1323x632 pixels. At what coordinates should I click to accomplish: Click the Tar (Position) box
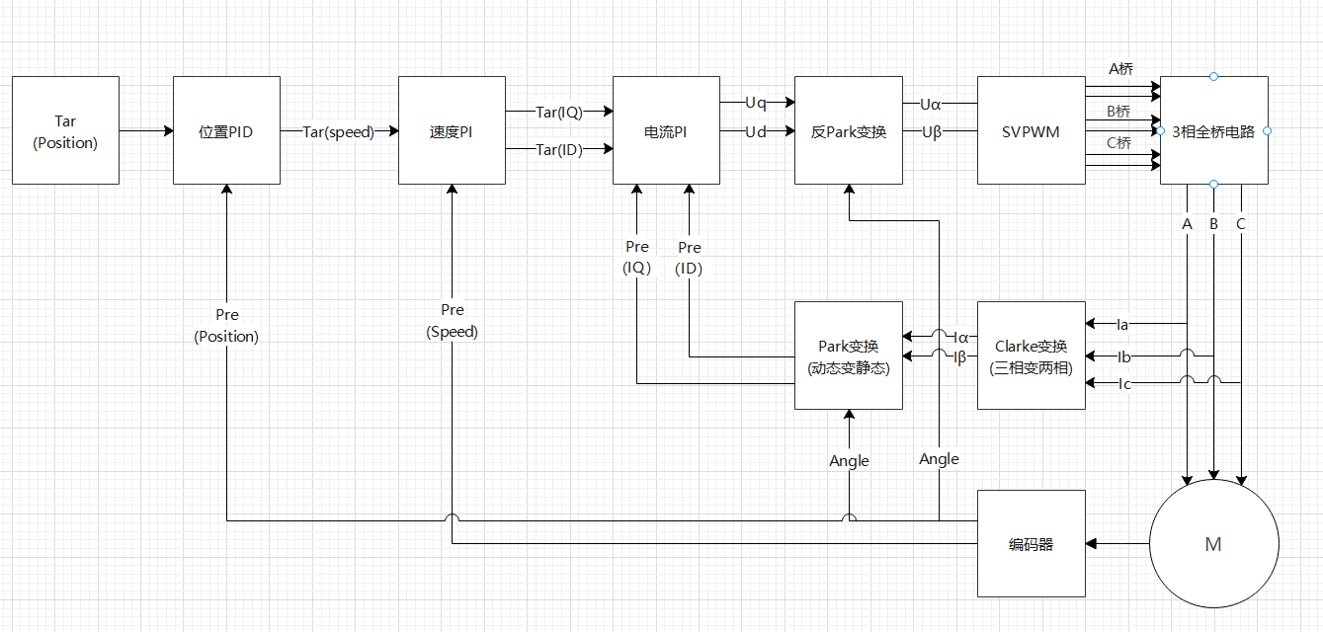point(65,130)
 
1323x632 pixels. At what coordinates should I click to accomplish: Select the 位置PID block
point(226,130)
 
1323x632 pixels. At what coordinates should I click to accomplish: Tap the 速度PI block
point(452,130)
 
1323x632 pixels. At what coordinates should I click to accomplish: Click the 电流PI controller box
point(666,130)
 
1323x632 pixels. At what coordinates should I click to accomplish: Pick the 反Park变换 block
point(849,130)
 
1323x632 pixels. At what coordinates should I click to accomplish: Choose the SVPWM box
point(1031,130)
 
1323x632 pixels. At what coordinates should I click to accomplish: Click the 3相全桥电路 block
point(1213,130)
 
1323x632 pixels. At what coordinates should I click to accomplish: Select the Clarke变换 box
point(1031,355)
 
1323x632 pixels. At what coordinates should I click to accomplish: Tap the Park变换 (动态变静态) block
point(849,355)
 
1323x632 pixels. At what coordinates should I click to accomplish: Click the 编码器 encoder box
point(1031,543)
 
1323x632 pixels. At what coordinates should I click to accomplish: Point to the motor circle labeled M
point(1213,543)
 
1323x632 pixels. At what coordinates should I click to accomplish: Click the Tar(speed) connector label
point(339,131)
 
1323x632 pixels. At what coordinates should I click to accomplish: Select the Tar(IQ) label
point(558,112)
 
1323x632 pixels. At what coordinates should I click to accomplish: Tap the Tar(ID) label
point(558,149)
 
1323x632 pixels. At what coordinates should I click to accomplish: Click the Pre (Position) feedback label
point(226,325)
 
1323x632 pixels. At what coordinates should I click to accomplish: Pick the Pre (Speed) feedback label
point(452,321)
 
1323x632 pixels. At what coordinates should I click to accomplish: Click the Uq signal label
point(756,102)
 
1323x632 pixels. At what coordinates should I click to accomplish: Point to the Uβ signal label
point(931,131)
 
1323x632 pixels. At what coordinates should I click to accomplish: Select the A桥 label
point(1120,69)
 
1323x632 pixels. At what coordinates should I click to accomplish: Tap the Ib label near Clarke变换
point(1123,355)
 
